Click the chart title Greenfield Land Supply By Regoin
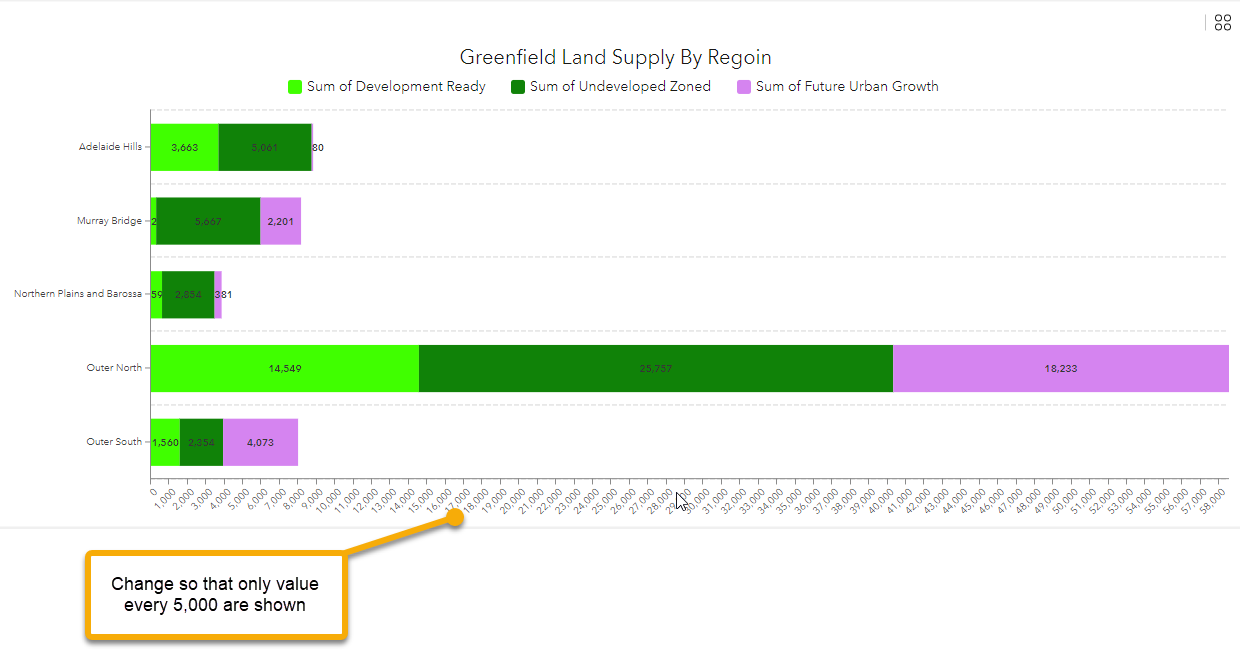(x=615, y=57)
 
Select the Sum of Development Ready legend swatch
(x=295, y=87)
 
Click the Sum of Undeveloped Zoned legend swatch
(x=518, y=87)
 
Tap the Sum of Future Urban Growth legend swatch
(x=744, y=87)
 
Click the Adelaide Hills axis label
(x=110, y=147)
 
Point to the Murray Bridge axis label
(x=109, y=221)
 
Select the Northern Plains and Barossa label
(x=78, y=294)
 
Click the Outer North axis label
(x=114, y=368)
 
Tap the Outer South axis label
(x=114, y=442)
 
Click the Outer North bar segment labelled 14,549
(x=284, y=368)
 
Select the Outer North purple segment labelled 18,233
(x=1060, y=368)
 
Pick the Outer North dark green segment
(x=655, y=368)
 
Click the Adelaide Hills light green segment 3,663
(x=184, y=147)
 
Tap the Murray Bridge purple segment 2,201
(x=280, y=221)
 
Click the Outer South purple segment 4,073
(x=260, y=442)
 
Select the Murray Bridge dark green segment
(x=208, y=221)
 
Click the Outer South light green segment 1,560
(x=165, y=442)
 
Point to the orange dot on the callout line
(x=456, y=517)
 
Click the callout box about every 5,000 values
(x=215, y=594)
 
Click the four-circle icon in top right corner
(x=1222, y=23)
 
